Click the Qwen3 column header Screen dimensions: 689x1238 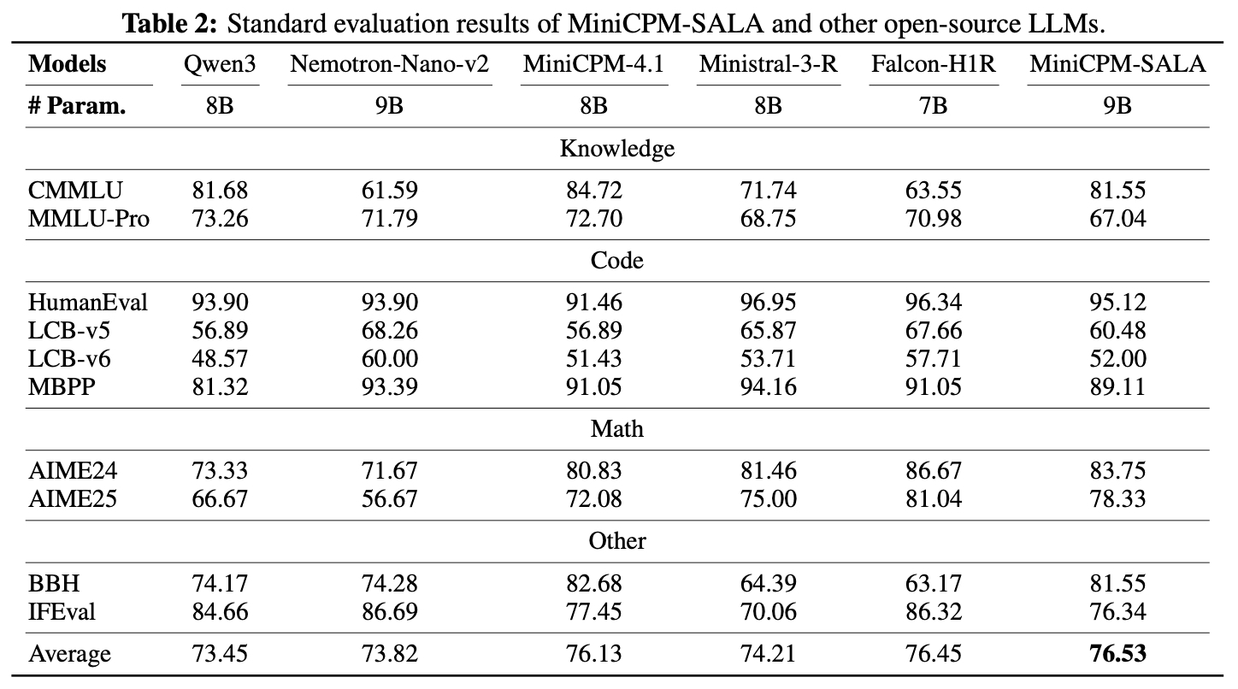(220, 64)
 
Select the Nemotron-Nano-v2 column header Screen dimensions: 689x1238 (390, 64)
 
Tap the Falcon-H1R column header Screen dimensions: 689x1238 (934, 64)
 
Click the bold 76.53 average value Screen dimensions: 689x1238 (1117, 654)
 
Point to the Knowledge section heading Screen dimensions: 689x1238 (616, 148)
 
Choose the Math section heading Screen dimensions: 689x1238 (616, 428)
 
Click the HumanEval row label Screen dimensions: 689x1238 (88, 302)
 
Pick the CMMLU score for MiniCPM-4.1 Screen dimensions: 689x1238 (593, 190)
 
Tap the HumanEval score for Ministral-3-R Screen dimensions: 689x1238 (768, 302)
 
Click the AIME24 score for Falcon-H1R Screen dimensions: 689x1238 (934, 470)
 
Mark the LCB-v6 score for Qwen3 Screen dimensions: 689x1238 (220, 358)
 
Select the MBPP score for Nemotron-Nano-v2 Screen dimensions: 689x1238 (390, 386)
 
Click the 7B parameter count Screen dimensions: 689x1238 (934, 106)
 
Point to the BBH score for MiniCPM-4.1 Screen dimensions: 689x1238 (593, 583)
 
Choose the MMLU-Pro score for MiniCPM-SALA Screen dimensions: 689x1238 (1117, 218)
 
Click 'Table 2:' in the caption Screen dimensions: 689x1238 (171, 22)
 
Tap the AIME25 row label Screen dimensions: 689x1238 (73, 498)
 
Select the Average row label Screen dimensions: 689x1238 (70, 654)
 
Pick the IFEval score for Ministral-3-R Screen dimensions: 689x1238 (768, 611)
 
